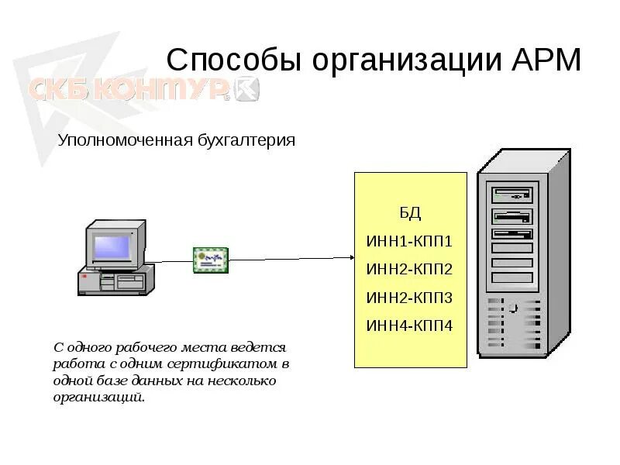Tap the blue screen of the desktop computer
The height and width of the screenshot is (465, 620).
click(113, 247)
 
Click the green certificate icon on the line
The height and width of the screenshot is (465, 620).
click(211, 259)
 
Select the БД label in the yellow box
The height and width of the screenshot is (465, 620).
click(410, 212)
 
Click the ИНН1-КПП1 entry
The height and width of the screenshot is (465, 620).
click(410, 241)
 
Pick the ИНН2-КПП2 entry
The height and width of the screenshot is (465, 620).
click(410, 270)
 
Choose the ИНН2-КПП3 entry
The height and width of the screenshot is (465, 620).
click(410, 298)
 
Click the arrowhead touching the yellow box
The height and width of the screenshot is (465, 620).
click(350, 257)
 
